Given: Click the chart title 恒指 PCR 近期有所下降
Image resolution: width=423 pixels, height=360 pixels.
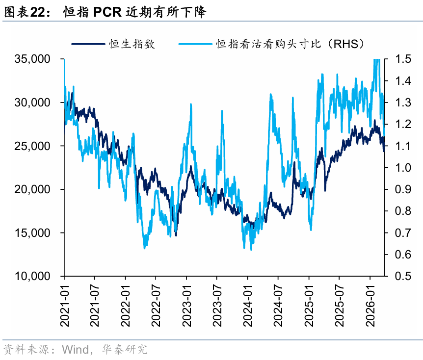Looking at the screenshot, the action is click(134, 12).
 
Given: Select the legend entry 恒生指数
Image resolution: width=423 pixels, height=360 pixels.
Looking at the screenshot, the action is click(132, 44).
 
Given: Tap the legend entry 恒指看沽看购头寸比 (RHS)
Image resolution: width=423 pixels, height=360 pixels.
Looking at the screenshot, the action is click(290, 44).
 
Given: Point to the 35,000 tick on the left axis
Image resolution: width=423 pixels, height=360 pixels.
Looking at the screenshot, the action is click(32, 59).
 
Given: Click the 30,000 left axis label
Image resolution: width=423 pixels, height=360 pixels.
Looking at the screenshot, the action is click(32, 103).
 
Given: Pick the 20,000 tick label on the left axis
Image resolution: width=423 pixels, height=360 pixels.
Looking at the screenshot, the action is click(32, 189).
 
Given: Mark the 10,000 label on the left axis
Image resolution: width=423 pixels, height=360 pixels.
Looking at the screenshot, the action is click(32, 276).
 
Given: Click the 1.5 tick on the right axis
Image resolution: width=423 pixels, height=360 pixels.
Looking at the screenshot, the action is click(403, 59).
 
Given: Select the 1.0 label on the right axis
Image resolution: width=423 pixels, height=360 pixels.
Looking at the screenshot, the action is click(403, 167).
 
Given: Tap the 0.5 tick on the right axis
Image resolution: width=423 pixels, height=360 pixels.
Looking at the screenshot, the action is click(403, 276).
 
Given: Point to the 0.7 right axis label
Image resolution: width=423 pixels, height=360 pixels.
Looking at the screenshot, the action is click(403, 232).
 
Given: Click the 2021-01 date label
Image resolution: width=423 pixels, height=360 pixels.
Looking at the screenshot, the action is click(64, 306).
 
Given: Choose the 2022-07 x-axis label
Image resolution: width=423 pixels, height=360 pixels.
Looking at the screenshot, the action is click(156, 306).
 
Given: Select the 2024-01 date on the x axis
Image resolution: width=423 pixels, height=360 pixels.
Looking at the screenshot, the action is click(248, 306).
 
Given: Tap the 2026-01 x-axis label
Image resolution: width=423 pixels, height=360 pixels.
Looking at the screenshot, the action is click(370, 306).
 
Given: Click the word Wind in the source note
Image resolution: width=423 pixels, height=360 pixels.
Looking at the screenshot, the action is click(76, 350).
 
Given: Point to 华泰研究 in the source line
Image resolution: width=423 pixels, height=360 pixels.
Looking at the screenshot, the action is click(125, 350).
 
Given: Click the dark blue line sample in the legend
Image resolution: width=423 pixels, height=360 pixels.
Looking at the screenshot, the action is click(88, 44).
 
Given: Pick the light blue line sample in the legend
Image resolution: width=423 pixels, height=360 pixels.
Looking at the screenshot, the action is click(195, 44).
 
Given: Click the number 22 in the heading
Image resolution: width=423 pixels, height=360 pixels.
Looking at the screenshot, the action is click(38, 12).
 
